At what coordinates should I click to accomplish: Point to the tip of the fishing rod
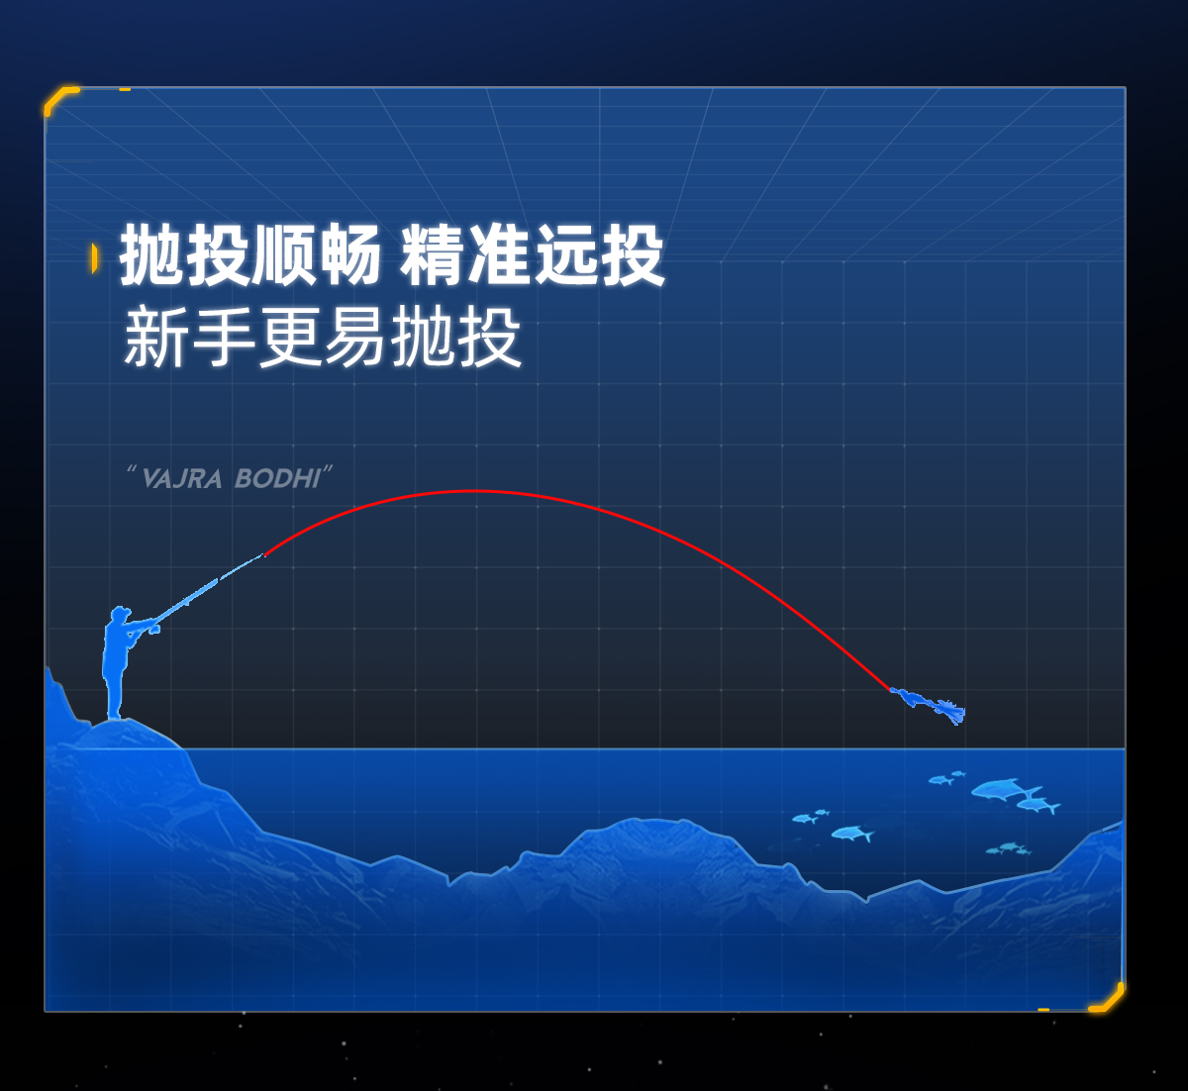pos(262,555)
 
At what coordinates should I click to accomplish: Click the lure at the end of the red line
pos(929,706)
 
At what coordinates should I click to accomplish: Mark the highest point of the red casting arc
pos(474,491)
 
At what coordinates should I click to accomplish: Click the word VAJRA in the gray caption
pos(182,479)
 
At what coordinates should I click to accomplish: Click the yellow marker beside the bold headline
pos(94,257)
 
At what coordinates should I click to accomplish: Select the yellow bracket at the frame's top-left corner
pos(59,98)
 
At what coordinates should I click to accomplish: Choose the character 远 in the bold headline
pos(564,255)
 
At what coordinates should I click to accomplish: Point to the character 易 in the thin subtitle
pos(354,337)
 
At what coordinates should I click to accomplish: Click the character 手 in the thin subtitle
pos(222,337)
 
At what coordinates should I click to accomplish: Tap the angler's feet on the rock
pos(114,716)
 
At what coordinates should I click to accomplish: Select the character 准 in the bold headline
pos(498,255)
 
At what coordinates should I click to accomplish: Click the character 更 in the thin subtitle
pos(288,337)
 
